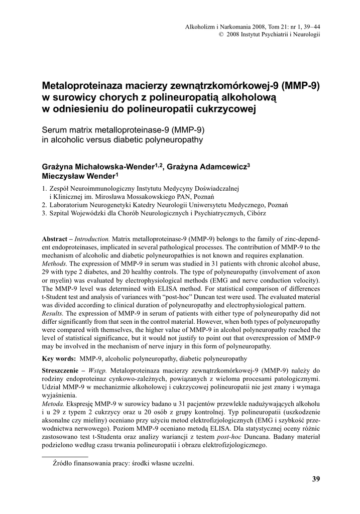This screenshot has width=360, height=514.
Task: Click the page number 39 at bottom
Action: [x=315, y=479]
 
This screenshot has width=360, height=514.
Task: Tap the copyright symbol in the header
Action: [x=221, y=34]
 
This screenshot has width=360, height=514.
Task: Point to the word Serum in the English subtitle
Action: [x=54, y=130]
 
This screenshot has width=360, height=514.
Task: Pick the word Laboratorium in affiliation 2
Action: [x=70, y=204]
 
